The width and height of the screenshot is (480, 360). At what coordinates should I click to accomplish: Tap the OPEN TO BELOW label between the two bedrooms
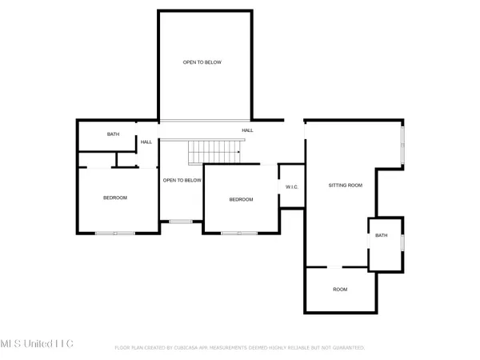click(182, 180)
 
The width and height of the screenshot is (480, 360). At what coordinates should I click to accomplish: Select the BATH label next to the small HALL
click(114, 134)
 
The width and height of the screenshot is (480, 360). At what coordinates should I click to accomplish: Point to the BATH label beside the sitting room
click(382, 235)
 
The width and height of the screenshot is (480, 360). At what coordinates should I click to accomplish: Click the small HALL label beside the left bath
click(146, 142)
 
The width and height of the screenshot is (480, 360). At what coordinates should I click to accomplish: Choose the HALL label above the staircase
click(248, 130)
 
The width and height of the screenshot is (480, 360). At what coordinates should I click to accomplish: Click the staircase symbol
click(214, 149)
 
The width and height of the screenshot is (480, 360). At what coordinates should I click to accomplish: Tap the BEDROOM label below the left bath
click(114, 198)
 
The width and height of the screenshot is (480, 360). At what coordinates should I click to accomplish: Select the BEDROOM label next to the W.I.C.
click(242, 199)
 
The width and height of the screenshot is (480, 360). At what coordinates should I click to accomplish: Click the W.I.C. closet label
click(291, 187)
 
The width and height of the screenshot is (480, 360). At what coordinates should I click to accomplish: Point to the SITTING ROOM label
click(346, 185)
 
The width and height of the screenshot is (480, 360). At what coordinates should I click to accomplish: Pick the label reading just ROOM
click(340, 290)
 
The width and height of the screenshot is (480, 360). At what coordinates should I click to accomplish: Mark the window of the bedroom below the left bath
click(114, 233)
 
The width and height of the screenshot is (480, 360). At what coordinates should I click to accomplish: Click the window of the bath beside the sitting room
click(402, 243)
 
